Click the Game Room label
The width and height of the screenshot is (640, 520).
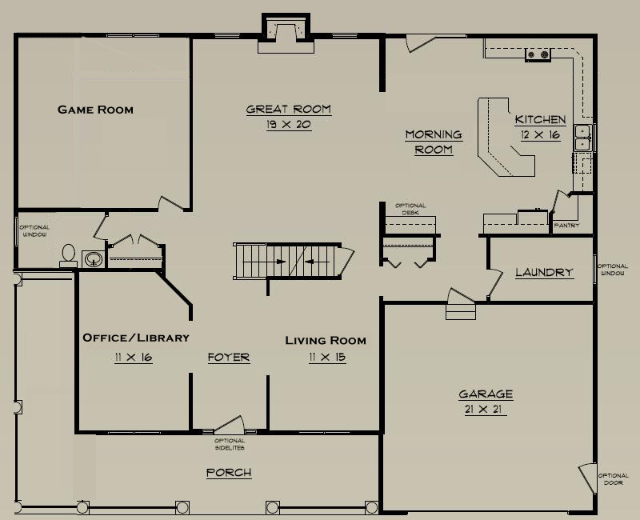click(95, 110)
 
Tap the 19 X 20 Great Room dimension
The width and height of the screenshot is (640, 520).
click(289, 124)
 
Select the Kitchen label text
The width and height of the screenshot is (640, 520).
click(540, 119)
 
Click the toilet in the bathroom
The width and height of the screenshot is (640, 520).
click(68, 255)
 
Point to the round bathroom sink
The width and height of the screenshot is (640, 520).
click(94, 258)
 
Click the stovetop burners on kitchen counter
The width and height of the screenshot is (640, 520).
click(538, 54)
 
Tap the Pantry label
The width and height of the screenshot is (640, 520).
click(566, 226)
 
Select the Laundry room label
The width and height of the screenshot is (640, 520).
click(544, 272)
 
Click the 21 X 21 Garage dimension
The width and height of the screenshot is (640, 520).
click(483, 409)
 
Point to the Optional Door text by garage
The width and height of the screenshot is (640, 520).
click(613, 479)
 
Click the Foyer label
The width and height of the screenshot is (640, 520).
click(229, 357)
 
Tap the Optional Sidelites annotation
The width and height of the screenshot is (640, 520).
click(230, 444)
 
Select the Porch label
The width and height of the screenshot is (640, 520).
click(229, 472)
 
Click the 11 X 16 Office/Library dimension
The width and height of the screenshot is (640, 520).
click(134, 358)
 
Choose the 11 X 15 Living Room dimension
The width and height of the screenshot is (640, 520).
click(327, 358)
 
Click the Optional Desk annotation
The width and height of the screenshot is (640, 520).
click(410, 209)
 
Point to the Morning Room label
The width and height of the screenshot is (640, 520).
click(434, 142)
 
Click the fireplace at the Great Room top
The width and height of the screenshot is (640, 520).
click(286, 34)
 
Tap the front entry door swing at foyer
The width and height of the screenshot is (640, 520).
click(230, 425)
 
